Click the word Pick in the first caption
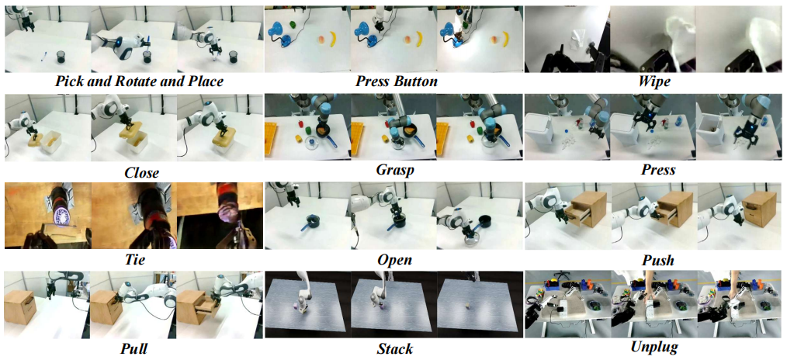(71, 81)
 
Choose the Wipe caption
(655, 81)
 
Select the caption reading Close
(141, 173)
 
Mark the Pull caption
(133, 348)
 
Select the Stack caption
(394, 348)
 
